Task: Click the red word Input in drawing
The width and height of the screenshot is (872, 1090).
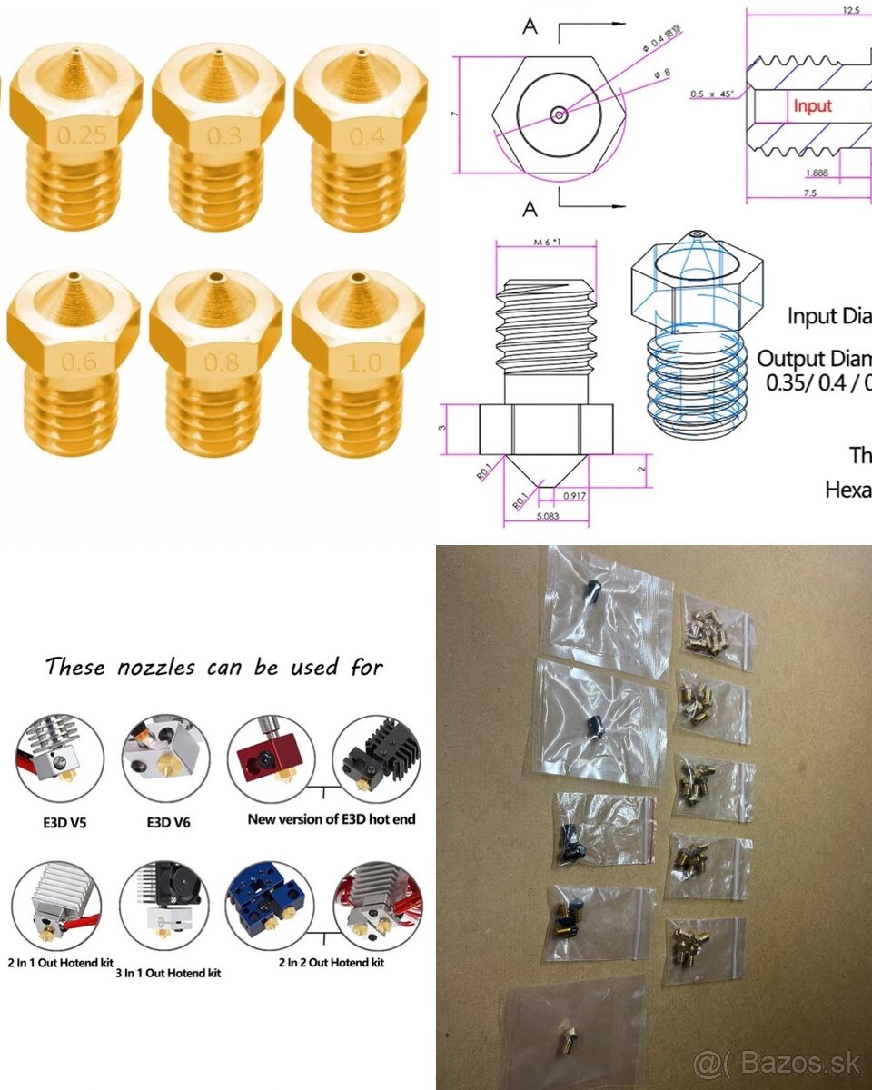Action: click(x=812, y=106)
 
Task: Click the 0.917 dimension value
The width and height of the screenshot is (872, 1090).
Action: click(x=573, y=496)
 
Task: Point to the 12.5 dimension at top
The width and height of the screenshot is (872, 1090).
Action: click(x=850, y=12)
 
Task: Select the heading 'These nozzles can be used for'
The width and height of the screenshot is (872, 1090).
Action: click(x=214, y=667)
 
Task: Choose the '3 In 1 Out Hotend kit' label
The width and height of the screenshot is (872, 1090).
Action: click(x=167, y=973)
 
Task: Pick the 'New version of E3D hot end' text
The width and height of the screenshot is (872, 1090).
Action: click(x=332, y=819)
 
